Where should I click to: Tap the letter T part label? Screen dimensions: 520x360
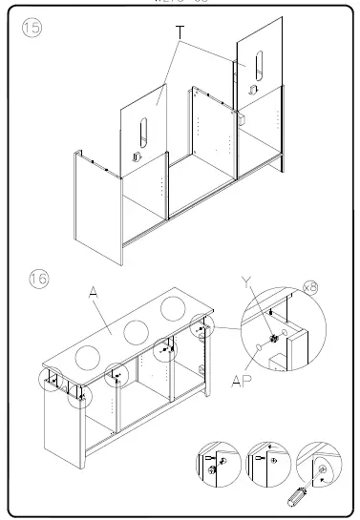coord(179,32)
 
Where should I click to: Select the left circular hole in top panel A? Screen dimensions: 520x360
coord(86,359)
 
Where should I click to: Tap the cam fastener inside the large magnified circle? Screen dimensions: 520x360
coord(274,338)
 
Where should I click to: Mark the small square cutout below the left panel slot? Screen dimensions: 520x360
coord(137,156)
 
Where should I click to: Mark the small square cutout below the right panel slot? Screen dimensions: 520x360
coord(252,88)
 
